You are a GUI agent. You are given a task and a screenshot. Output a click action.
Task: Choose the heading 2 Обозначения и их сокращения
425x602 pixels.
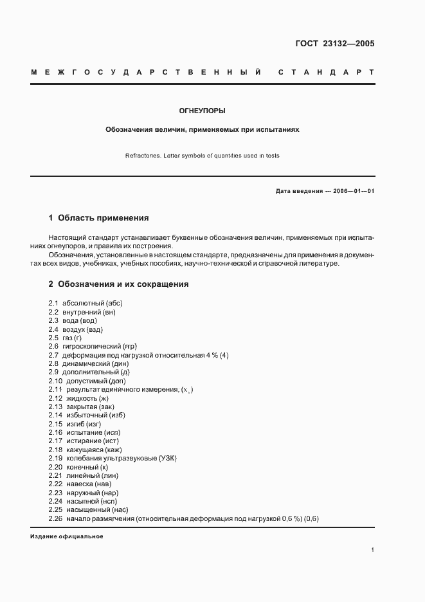click(x=118, y=284)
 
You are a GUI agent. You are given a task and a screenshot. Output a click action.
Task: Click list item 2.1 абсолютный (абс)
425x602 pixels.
click(x=85, y=303)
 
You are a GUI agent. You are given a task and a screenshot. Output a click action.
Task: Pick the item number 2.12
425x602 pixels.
click(x=55, y=398)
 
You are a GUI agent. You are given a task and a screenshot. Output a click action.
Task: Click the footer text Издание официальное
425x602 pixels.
click(x=67, y=536)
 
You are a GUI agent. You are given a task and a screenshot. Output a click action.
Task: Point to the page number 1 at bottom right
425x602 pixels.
click(x=373, y=549)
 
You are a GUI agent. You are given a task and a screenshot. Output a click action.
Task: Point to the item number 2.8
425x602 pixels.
click(x=53, y=363)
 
